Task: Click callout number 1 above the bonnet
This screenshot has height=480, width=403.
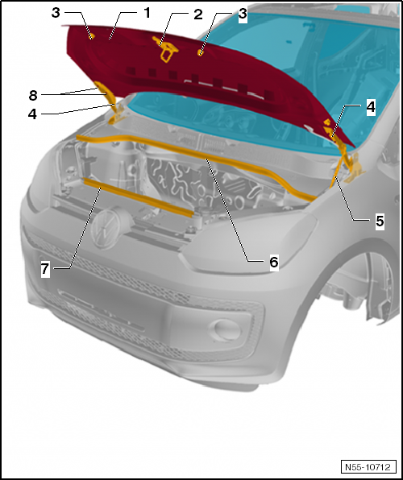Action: pos(147,13)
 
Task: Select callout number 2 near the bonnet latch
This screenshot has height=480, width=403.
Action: pos(198,14)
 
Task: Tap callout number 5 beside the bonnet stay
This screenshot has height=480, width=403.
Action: pos(380,221)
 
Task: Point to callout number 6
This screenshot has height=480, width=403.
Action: pos(274,262)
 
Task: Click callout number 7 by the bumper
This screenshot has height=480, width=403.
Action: pos(45,269)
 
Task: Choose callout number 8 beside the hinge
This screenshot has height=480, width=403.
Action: pos(33,95)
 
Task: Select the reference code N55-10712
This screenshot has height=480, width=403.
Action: pos(368,467)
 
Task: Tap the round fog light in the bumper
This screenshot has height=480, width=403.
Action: pos(227,330)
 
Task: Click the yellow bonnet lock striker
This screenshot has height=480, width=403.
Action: pos(166,49)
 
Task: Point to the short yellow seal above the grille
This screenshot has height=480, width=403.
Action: pos(137,198)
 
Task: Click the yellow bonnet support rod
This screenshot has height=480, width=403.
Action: pos(336,169)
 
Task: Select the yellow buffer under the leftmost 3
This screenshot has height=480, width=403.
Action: pos(91,36)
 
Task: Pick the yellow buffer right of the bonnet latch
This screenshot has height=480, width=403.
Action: pos(201,52)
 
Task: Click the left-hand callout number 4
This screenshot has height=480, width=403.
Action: pos(32,114)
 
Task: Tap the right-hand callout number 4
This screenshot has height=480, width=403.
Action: pos(371,108)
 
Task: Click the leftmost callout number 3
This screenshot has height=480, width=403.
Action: pos(56,13)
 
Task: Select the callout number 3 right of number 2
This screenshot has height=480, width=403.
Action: pos(243,14)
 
